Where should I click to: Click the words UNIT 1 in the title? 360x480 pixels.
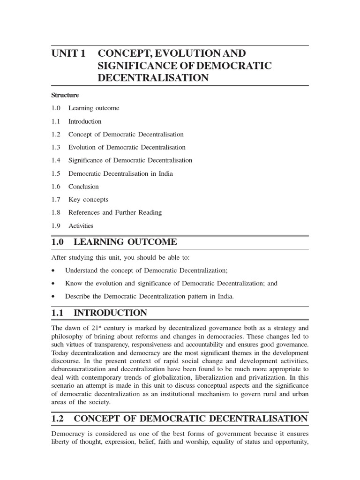coord(68,53)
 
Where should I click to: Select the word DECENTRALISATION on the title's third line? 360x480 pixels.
coord(153,78)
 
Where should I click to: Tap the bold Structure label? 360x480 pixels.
coord(65,95)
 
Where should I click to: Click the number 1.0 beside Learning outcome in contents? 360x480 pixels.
coord(56,108)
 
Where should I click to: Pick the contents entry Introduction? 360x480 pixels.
coord(85,121)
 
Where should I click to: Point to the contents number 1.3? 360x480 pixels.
coord(56,147)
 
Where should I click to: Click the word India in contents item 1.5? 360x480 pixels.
coord(165,173)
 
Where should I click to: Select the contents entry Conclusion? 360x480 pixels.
coord(83,187)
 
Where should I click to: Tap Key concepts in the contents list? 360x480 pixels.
coord(88,200)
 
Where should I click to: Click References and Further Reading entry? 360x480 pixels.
coord(115,212)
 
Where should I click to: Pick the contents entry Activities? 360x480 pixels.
coord(81,225)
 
